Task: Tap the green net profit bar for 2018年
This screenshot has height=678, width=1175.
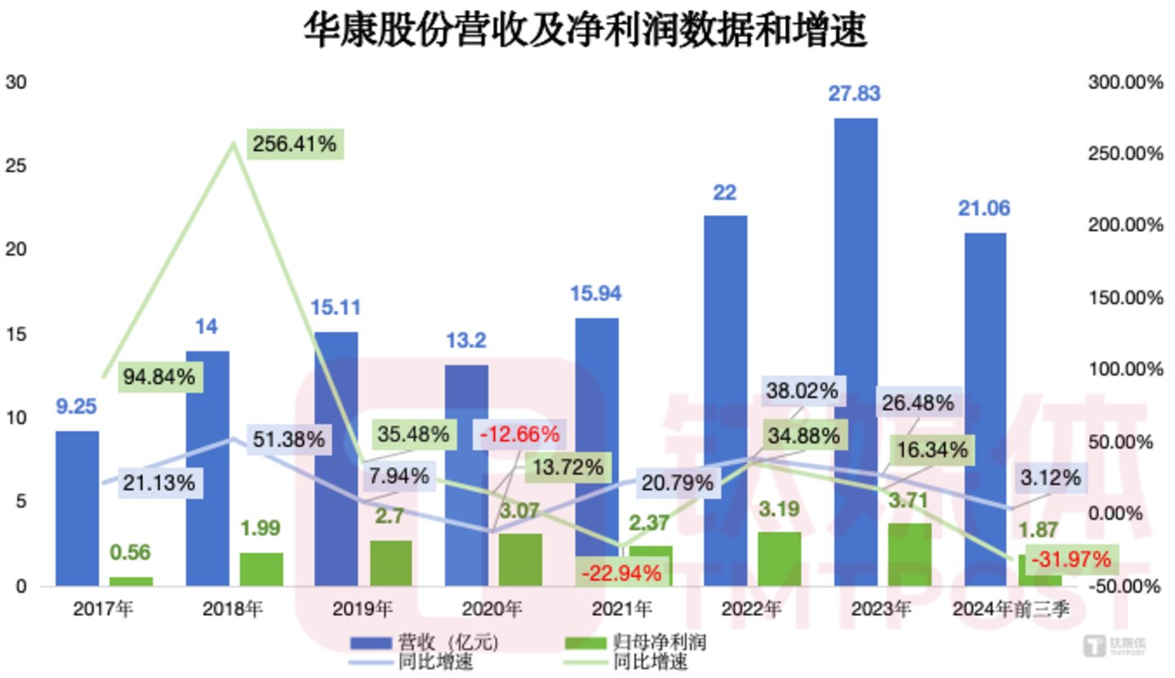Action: (x=261, y=569)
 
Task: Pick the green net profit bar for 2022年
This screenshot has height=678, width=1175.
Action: (x=780, y=559)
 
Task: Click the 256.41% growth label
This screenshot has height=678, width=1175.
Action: (x=294, y=145)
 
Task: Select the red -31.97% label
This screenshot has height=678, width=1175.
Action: (x=1070, y=560)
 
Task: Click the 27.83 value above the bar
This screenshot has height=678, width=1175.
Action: (x=854, y=94)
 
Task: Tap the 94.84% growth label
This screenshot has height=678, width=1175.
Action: (x=159, y=377)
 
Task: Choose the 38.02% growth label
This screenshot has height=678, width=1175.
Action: (x=802, y=390)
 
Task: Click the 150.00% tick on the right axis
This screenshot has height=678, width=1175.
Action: (x=1124, y=297)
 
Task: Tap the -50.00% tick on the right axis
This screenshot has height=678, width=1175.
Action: (x=1124, y=586)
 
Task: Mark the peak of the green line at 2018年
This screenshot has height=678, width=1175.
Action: (x=234, y=144)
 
